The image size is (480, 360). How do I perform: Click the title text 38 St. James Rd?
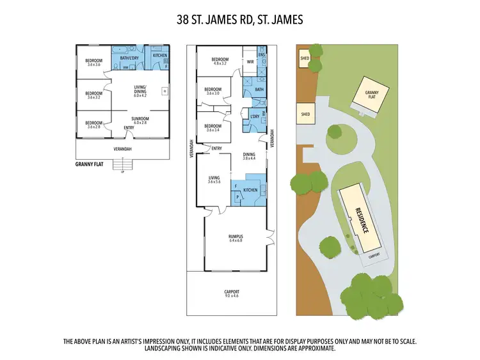(239, 20)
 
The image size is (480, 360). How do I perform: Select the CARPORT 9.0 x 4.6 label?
(232, 293)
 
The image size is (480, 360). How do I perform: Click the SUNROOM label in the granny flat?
(140, 120)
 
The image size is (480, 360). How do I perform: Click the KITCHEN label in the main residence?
(250, 191)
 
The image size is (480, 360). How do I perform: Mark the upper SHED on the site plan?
(305, 59)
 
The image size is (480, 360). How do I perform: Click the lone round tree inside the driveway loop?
(334, 134)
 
